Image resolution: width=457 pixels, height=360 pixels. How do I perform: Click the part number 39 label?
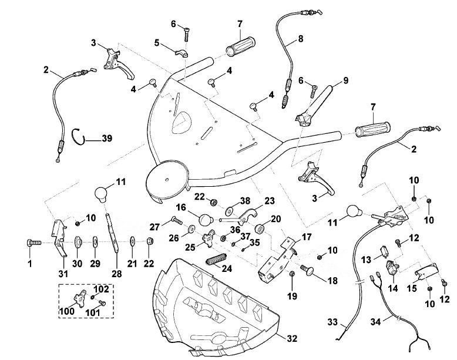(x=107, y=138)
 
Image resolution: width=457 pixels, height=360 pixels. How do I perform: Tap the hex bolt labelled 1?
(x=33, y=243)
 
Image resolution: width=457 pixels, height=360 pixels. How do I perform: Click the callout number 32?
(x=292, y=338)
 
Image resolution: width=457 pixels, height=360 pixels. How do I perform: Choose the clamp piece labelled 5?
(x=182, y=52)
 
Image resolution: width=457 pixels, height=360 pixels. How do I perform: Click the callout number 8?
(x=300, y=39)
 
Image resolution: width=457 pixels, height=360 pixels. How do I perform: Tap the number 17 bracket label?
(x=307, y=238)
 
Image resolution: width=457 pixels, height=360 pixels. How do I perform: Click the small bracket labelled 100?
(x=80, y=297)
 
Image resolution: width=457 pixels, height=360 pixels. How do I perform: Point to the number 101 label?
(x=93, y=313)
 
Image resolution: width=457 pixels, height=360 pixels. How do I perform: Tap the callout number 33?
(x=332, y=322)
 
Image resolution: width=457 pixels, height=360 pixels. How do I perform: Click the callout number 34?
(x=377, y=322)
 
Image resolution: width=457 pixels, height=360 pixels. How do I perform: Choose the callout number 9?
(x=345, y=80)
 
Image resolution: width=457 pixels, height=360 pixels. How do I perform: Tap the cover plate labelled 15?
(x=426, y=271)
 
